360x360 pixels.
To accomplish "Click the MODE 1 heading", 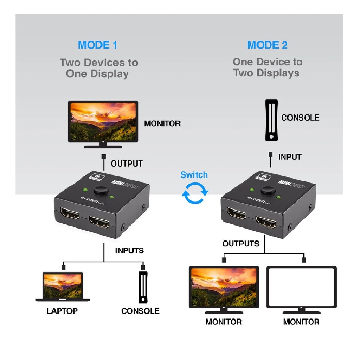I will point(97,45).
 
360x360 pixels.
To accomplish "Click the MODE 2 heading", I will point(267,45).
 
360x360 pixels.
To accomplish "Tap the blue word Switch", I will point(194,175).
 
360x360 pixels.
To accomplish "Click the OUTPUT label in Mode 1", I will point(127,163).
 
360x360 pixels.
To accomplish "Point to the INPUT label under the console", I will point(290,157).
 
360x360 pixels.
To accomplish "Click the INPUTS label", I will point(129,250).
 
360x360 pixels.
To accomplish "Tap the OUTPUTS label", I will point(241,243).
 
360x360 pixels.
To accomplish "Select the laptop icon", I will point(63,286).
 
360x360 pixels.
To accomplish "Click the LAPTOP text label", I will point(62,311).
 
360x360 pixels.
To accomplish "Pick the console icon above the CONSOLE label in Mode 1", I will point(142,287).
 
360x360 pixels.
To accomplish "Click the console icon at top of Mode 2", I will point(271,120).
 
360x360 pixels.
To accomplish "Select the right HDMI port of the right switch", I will point(266,221).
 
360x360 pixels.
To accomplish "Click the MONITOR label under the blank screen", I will point(301,321).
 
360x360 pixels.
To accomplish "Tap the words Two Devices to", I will point(99,63).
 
